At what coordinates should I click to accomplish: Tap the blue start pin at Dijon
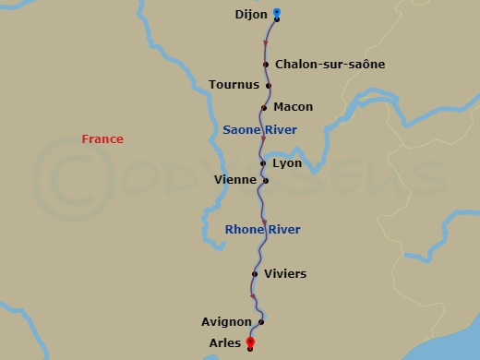[277, 13]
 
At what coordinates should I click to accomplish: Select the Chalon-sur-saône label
[330, 65]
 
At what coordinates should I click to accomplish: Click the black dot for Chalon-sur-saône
[266, 65]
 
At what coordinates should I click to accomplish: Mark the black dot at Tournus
[269, 86]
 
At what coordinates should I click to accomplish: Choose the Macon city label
[294, 107]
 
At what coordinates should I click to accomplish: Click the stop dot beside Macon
[264, 108]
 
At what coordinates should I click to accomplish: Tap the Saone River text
[260, 130]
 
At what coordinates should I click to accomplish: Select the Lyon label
[287, 163]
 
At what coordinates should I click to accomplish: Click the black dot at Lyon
[263, 163]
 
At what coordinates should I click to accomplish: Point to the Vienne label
[234, 179]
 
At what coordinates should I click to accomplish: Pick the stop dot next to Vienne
[266, 181]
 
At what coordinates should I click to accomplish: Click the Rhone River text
[262, 230]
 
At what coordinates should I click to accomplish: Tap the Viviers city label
[284, 274]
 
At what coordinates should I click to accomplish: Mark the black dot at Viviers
[255, 274]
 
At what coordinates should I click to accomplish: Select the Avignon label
[226, 322]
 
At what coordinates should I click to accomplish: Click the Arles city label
[225, 343]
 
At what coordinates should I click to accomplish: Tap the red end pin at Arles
[250, 342]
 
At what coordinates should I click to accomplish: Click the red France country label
[102, 139]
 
